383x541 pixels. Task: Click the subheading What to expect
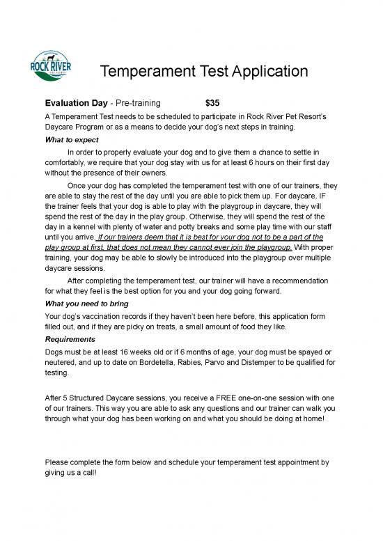72,140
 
